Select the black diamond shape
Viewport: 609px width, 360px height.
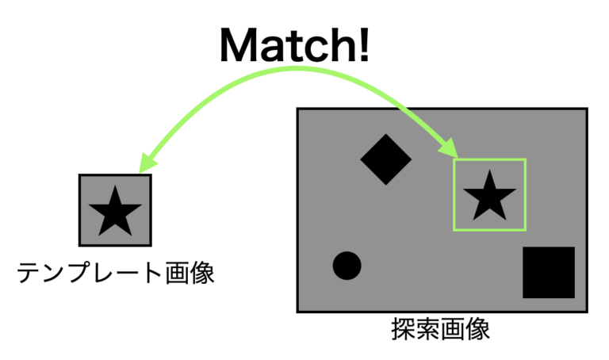(386, 159)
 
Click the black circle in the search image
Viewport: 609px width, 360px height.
(347, 266)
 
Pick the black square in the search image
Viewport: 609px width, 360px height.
(549, 273)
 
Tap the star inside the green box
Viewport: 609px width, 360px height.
(489, 197)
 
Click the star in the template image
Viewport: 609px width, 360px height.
(116, 211)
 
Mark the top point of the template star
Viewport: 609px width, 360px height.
(116, 186)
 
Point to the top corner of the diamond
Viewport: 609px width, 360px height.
(386, 134)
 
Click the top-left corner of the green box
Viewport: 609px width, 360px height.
(454, 160)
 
